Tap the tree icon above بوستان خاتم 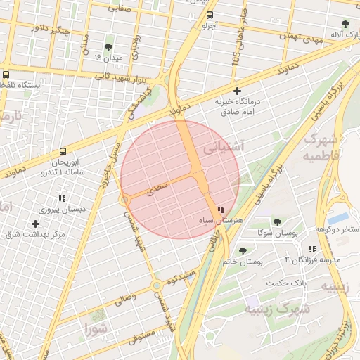coord(243,251)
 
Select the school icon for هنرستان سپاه coord(221,210)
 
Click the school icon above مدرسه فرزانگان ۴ coord(311,250)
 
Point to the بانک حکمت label coord(287,283)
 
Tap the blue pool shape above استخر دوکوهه coord(337,218)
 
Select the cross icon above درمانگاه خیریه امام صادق coord(237,91)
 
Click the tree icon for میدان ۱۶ coord(108,48)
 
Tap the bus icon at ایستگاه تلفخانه coord(6,74)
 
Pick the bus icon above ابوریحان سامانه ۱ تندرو coord(63,151)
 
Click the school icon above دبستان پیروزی coord(63,198)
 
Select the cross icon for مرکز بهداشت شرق coord(35,224)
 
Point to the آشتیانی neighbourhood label coord(223,148)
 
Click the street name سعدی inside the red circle coord(157,187)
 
